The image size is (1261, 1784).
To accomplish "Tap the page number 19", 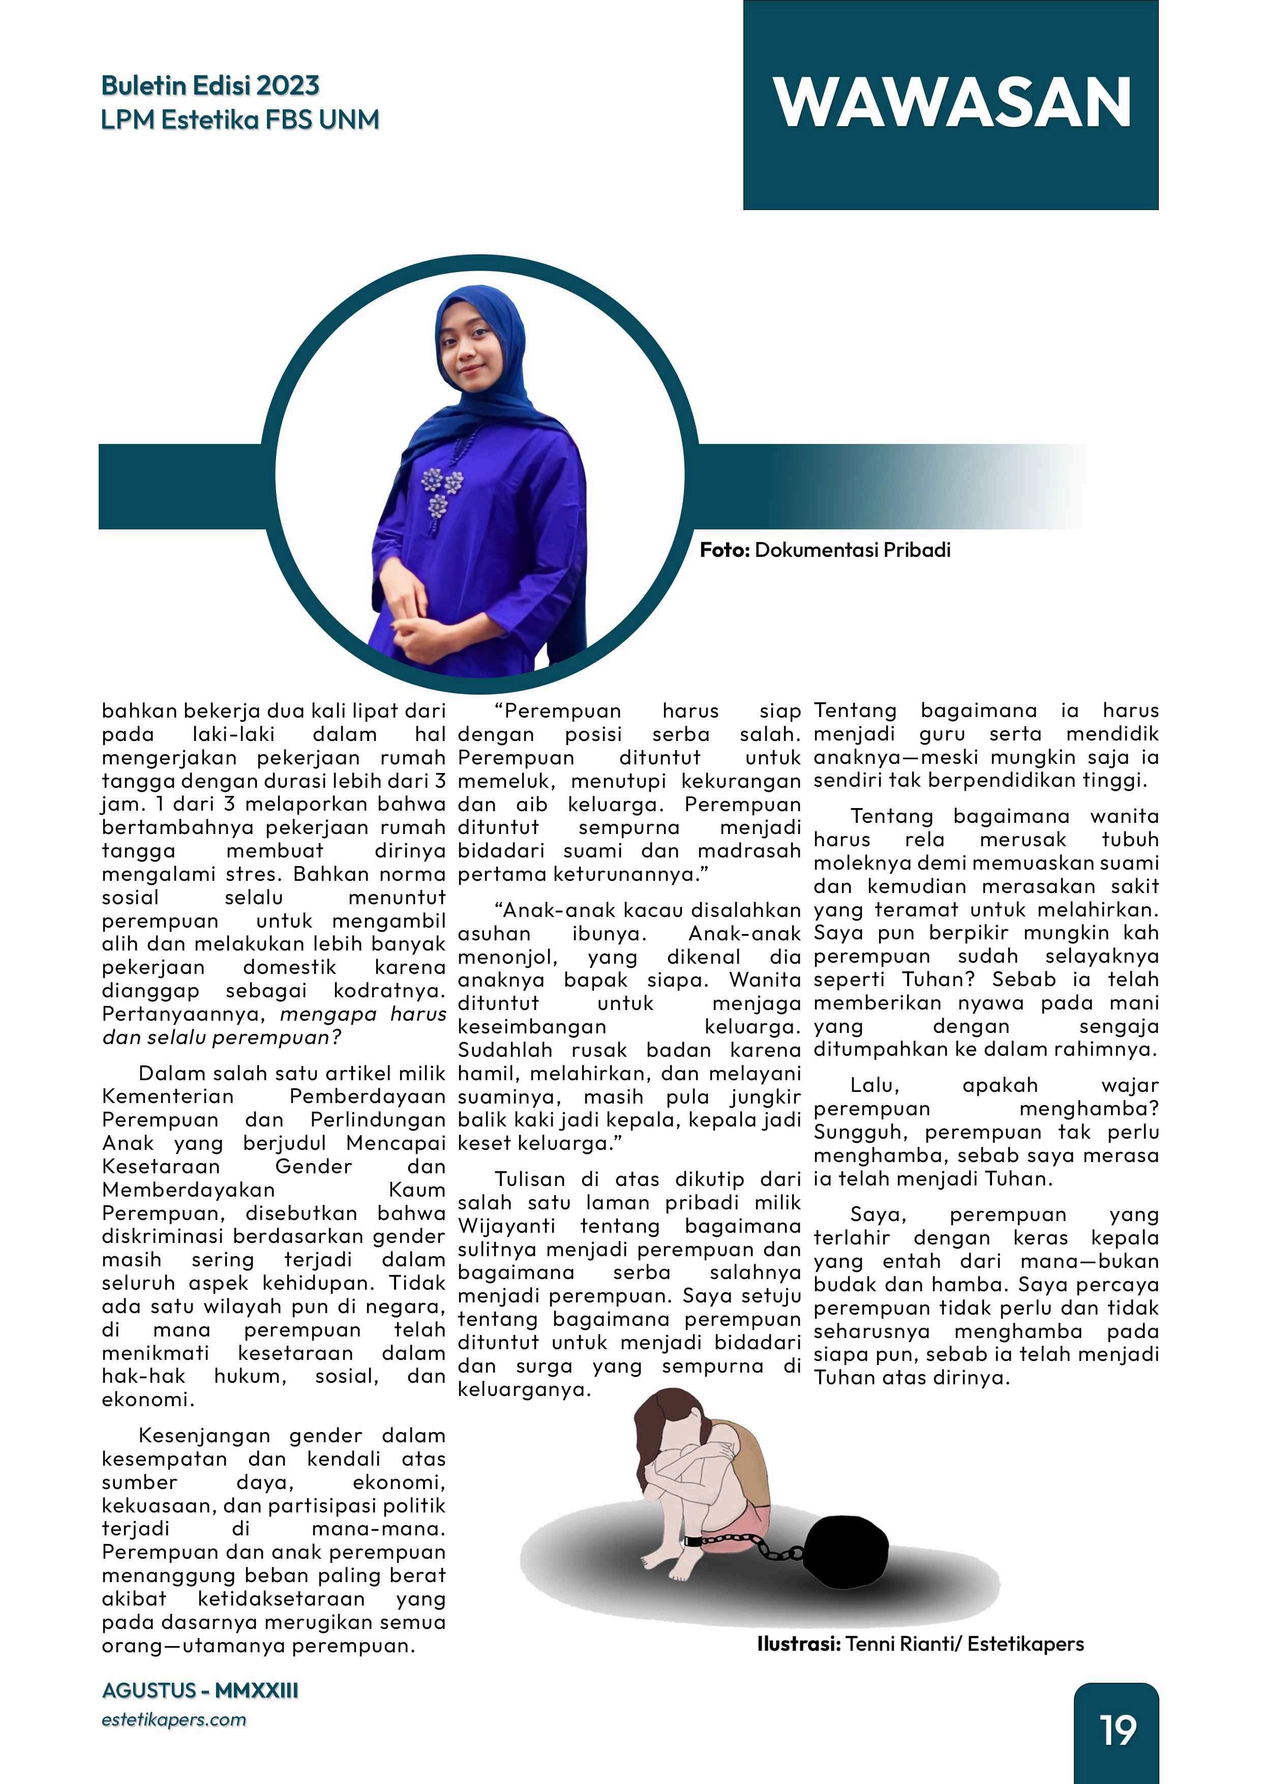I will (x=1117, y=1731).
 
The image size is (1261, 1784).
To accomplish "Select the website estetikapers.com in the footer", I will (x=173, y=1719).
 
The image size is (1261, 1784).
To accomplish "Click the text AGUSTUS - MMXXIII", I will (x=200, y=1691).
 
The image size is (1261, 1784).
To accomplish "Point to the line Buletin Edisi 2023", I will (x=210, y=85).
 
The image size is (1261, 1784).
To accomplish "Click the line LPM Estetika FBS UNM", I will (x=240, y=120).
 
